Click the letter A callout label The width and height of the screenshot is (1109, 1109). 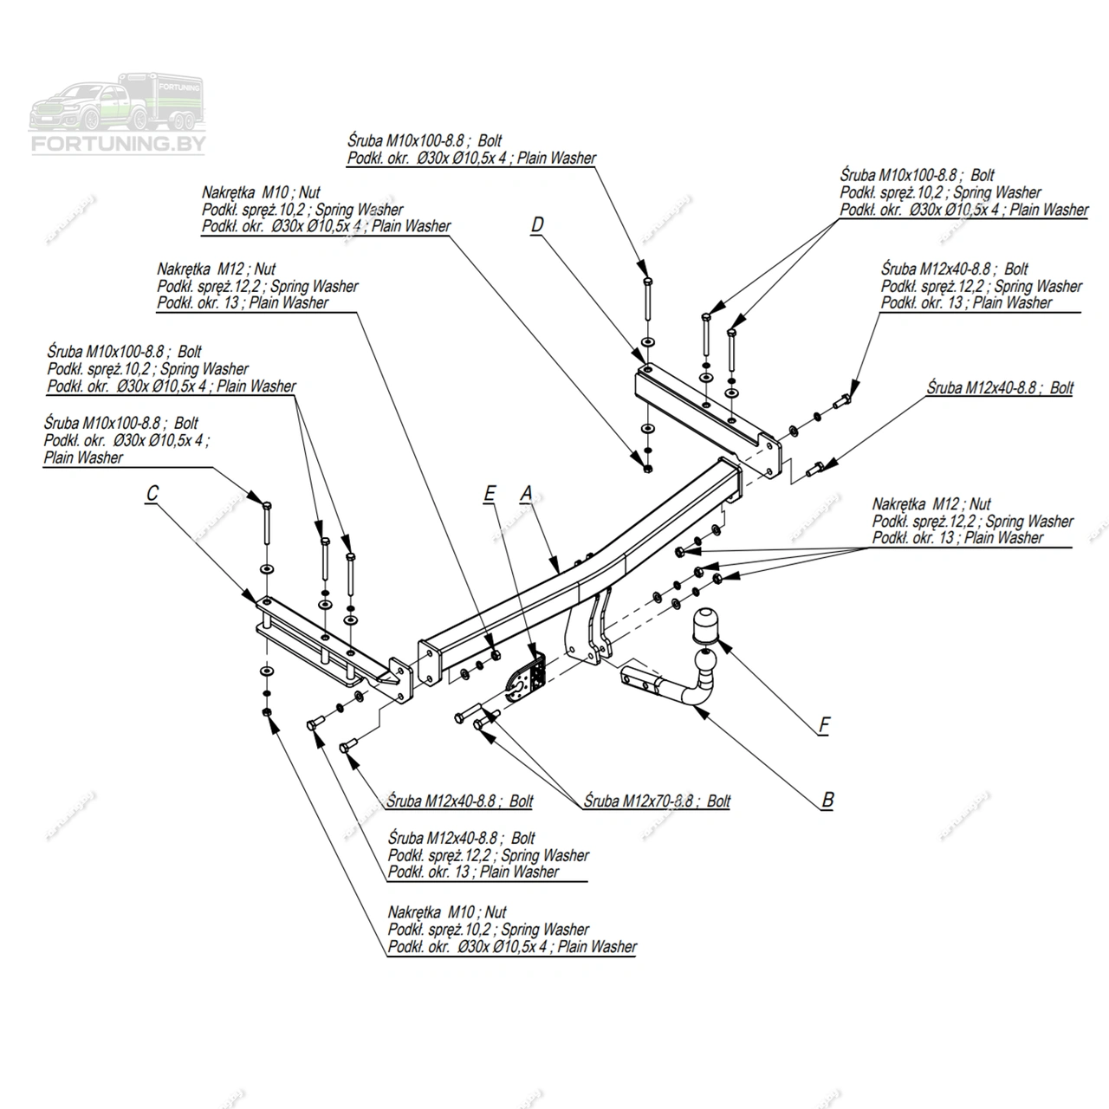[x=526, y=494]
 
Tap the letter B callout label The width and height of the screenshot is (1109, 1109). [x=827, y=800]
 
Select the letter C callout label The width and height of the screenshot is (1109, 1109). [x=152, y=494]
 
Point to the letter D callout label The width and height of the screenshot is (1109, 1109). [x=537, y=225]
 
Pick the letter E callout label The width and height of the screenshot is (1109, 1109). [x=490, y=494]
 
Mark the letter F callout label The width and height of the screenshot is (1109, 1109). [x=824, y=725]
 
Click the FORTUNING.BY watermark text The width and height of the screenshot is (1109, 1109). [x=118, y=144]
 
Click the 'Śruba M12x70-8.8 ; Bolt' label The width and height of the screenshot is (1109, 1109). [x=657, y=801]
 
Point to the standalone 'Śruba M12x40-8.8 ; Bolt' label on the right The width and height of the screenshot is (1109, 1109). [x=999, y=388]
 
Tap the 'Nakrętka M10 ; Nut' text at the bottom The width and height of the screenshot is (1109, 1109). [x=447, y=912]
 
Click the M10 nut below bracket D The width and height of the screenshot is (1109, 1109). [x=646, y=469]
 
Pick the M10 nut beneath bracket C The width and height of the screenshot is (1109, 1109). [x=266, y=712]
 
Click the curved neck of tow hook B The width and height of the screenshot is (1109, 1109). [x=693, y=693]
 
